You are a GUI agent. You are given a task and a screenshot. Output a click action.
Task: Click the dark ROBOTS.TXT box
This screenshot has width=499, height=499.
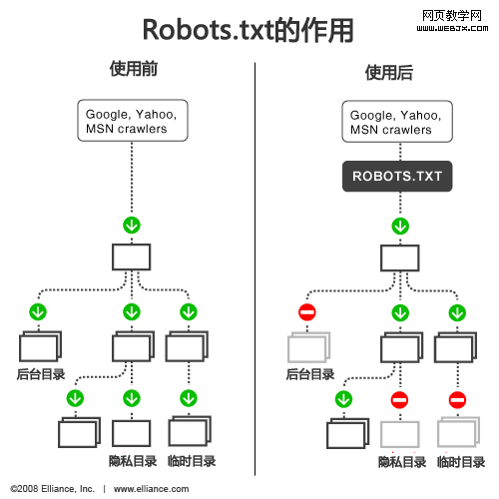397,178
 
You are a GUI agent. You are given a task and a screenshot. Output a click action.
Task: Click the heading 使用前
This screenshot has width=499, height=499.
133,71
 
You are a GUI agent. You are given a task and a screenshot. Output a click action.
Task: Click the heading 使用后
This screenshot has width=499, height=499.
388,72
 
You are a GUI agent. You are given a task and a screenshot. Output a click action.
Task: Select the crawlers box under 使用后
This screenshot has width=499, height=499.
396,122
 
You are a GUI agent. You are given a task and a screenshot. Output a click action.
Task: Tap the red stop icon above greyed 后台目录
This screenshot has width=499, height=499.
307,313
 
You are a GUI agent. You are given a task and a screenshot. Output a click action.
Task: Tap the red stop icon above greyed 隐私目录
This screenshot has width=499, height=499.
399,400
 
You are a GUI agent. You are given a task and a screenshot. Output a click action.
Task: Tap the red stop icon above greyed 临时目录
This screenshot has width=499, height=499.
457,400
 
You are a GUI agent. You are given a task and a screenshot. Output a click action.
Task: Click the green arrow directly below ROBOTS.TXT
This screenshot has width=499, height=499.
399,226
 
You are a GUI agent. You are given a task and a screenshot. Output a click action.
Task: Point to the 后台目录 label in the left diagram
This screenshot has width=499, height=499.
41,375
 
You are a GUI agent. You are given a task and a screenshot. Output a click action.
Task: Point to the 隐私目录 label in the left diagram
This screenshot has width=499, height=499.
133,461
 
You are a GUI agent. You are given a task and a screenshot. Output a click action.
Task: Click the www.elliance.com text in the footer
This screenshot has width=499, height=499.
151,489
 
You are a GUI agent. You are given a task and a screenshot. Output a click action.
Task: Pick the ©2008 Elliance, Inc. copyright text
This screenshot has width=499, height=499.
52,489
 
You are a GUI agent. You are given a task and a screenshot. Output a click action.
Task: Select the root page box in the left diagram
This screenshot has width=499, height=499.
131,257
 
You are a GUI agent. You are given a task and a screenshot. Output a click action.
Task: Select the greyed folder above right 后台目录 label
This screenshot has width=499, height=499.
307,348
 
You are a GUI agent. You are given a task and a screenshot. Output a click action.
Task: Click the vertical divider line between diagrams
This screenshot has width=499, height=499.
255,269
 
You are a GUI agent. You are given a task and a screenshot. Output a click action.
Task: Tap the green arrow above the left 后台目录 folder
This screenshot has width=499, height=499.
38,312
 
